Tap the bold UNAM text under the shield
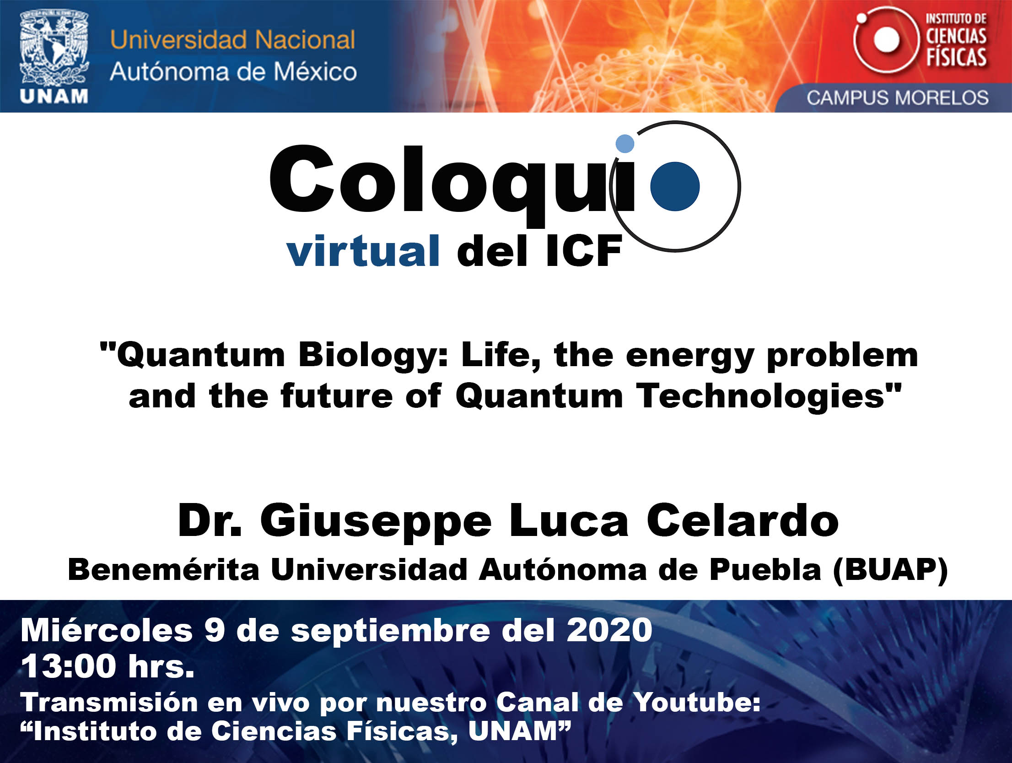tap(54, 97)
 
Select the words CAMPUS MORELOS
tap(898, 98)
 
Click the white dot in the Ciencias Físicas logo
tap(887, 39)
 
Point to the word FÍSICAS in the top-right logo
tap(956, 57)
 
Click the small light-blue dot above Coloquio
tap(625, 143)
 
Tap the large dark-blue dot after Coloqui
tap(675, 186)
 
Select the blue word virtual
tap(363, 250)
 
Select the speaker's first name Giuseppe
tap(376, 522)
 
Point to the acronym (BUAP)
tap(890, 570)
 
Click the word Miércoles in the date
tap(107, 630)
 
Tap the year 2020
tap(609, 630)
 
